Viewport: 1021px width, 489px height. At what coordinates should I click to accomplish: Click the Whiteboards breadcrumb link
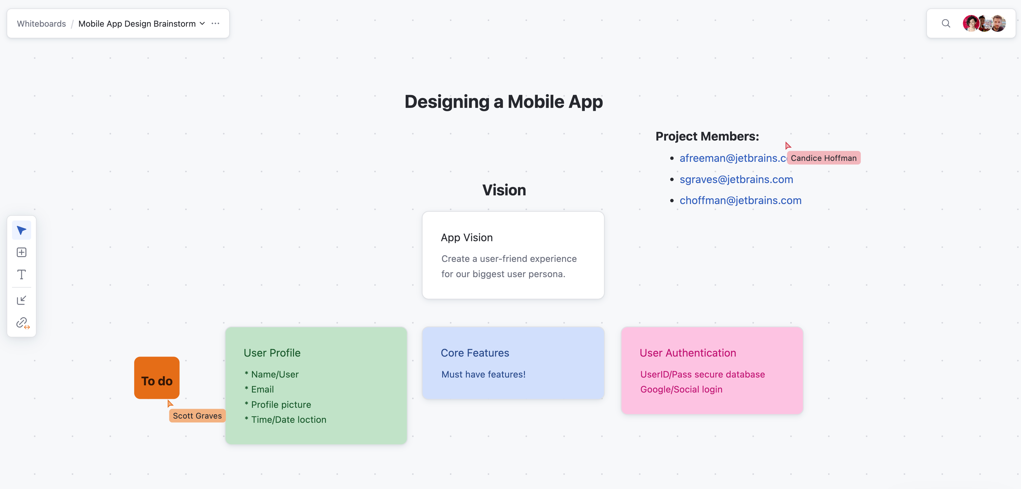point(41,23)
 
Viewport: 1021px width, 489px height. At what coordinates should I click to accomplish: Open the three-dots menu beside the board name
point(215,23)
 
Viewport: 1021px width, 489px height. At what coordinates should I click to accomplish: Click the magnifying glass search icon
point(946,23)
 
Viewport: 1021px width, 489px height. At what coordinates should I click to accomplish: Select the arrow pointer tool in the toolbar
point(21,230)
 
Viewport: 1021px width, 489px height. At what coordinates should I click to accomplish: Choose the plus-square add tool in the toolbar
point(21,252)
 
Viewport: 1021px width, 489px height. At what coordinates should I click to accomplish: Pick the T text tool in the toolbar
point(21,275)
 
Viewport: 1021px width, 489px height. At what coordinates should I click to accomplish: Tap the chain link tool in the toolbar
point(22,323)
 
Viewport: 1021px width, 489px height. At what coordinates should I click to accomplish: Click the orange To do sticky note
point(157,378)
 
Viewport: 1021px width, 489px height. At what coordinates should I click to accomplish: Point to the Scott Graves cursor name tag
point(197,416)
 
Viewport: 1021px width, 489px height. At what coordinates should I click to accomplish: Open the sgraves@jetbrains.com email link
point(736,179)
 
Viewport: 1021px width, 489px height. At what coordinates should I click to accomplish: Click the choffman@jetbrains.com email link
point(740,200)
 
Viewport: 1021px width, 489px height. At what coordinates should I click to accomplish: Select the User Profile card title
point(272,353)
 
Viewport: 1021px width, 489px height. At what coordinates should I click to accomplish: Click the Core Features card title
point(475,353)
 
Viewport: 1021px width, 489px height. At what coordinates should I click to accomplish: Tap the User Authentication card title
point(688,353)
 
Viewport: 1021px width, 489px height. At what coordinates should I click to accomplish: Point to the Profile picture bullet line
point(277,405)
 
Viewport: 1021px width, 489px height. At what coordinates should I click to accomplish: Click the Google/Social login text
point(681,390)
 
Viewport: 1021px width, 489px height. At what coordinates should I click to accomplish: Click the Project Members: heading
point(707,136)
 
